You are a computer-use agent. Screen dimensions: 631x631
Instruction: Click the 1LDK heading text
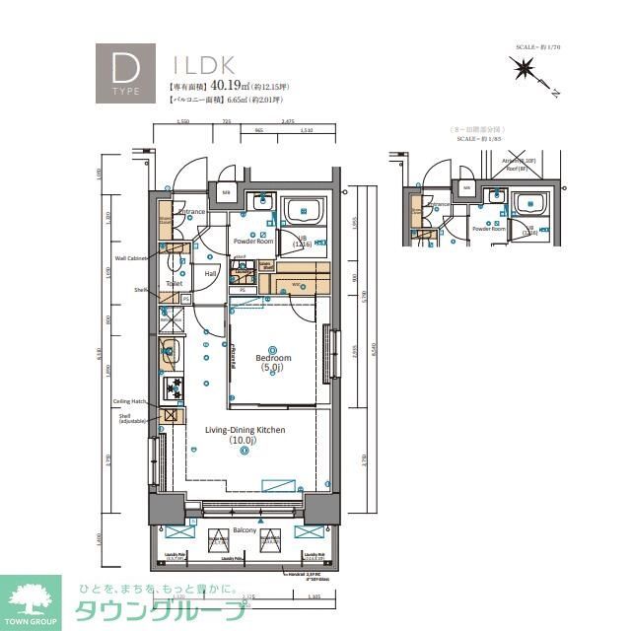click(203, 65)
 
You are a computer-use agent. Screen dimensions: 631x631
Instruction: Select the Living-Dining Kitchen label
click(245, 430)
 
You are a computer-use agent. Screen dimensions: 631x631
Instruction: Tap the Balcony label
click(245, 531)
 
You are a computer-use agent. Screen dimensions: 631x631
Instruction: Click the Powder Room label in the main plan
click(254, 241)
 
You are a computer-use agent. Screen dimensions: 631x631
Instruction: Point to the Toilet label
click(175, 283)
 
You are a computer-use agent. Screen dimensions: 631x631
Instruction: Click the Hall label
click(211, 274)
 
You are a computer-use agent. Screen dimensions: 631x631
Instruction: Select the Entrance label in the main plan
click(191, 211)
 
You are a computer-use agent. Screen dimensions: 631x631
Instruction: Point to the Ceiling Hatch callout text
click(130, 401)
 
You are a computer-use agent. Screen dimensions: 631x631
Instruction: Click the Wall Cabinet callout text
click(130, 258)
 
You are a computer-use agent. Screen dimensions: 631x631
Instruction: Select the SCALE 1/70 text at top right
click(537, 46)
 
